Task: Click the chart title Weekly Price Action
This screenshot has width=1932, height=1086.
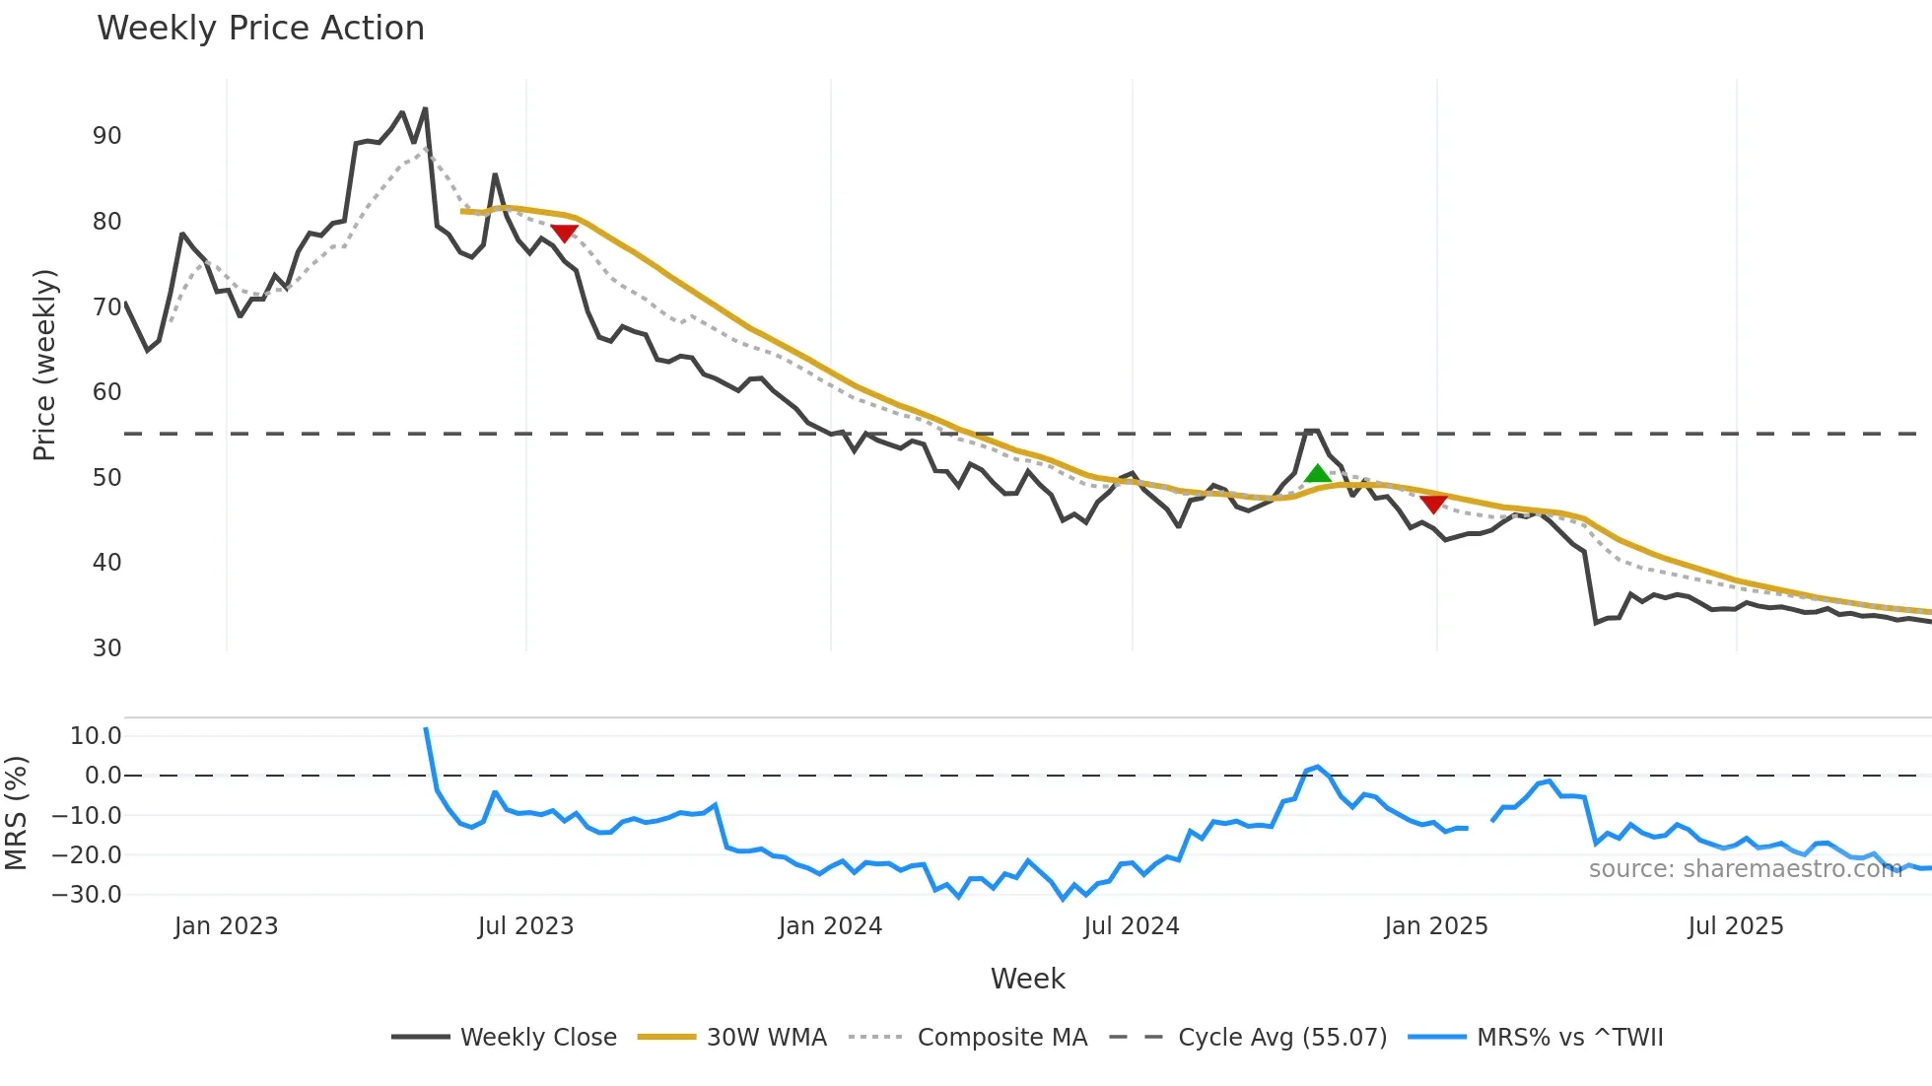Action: coord(260,29)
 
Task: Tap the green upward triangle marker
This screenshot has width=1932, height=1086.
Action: coord(1317,474)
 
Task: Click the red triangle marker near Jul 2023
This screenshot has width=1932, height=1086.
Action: coord(564,233)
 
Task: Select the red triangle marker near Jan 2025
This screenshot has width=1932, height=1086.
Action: coord(1433,504)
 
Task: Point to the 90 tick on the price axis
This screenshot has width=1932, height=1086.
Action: coord(107,136)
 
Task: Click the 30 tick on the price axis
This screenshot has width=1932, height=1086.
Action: coord(107,648)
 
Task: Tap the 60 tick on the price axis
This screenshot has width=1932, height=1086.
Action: coord(107,392)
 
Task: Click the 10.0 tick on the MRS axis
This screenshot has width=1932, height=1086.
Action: coord(96,736)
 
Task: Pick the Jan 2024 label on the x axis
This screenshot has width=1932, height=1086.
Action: coord(830,926)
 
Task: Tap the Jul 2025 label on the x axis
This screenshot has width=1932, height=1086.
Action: coord(1735,926)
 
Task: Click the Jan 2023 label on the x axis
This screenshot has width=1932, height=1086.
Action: coord(226,926)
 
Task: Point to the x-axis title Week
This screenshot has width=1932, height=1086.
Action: coord(1027,979)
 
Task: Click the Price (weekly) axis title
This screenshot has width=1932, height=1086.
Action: coord(45,365)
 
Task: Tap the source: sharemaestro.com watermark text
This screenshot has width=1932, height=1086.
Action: coord(1745,869)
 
